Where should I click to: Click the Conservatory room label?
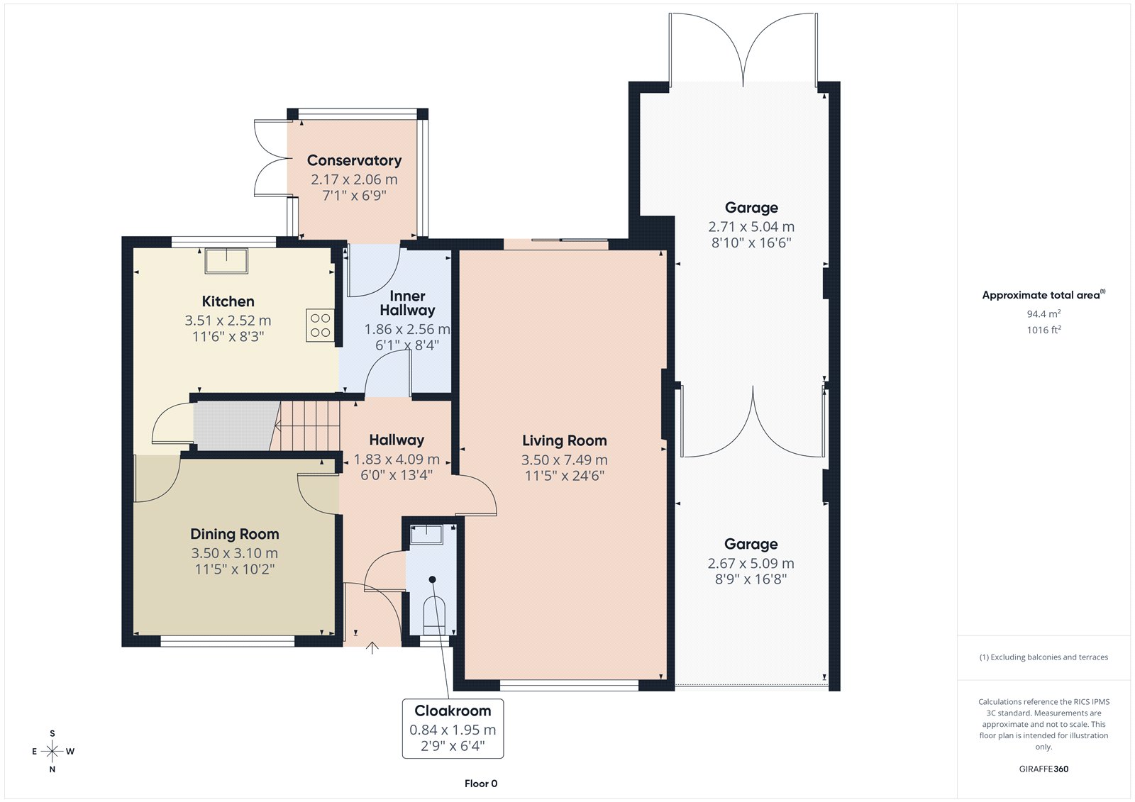tap(354, 160)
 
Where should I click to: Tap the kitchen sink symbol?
tap(226, 261)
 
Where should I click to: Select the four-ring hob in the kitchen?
tap(320, 325)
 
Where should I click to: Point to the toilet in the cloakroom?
tap(433, 615)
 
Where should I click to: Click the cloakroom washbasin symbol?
tap(426, 535)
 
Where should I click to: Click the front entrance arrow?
tap(372, 648)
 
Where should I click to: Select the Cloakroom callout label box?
tap(453, 728)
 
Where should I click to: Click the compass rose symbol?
tap(52, 751)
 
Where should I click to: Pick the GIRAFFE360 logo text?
tap(1043, 769)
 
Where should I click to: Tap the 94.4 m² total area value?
tap(1043, 313)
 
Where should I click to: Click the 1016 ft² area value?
tap(1043, 330)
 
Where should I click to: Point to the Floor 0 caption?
tap(481, 784)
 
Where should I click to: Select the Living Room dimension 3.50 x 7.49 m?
tap(565, 460)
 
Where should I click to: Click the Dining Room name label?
tap(235, 534)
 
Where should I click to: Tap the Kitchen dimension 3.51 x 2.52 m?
tap(228, 321)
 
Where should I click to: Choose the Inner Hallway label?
tap(407, 303)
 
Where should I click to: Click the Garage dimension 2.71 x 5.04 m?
tap(751, 227)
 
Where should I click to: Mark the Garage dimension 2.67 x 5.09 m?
tap(751, 563)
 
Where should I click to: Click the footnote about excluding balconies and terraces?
tap(1043, 657)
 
